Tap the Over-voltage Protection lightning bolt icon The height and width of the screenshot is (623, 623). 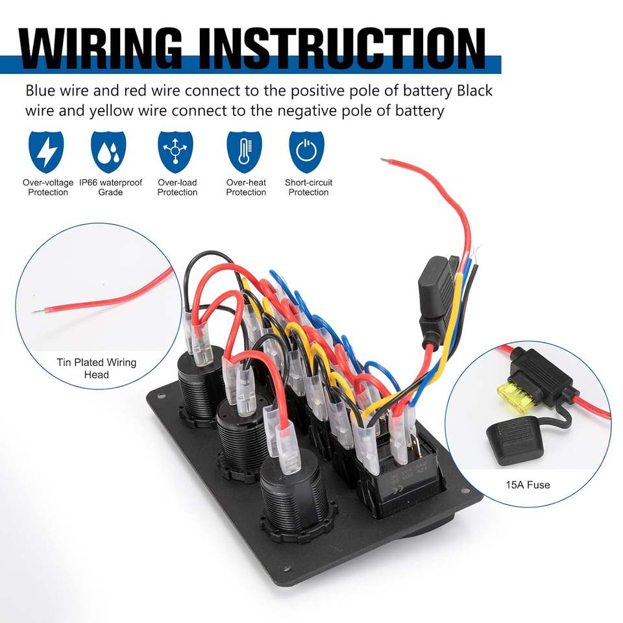click(x=47, y=152)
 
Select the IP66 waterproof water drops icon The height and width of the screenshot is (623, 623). click(x=108, y=152)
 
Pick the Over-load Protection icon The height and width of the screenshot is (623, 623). click(x=175, y=152)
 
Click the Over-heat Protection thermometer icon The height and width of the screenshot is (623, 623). click(x=244, y=152)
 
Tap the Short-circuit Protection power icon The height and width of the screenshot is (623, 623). click(x=306, y=152)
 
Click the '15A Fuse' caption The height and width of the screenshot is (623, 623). click(x=528, y=485)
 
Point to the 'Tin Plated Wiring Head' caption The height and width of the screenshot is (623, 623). click(x=97, y=368)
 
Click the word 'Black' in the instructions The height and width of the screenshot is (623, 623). click(x=470, y=90)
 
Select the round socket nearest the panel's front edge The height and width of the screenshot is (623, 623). click(x=291, y=500)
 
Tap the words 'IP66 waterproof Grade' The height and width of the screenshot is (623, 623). click(x=110, y=188)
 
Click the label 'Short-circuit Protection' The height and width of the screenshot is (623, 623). click(x=308, y=188)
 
